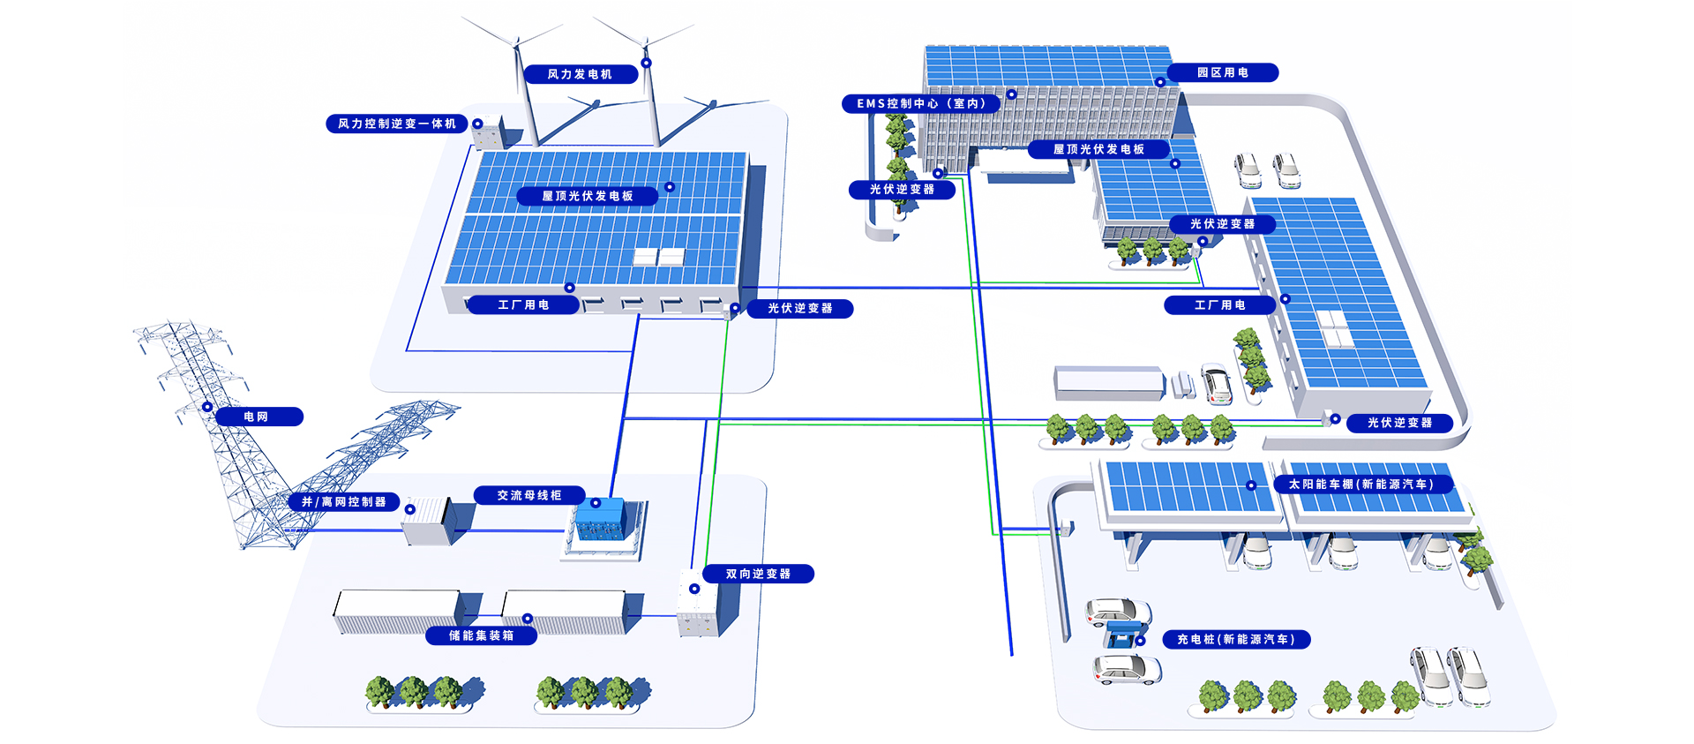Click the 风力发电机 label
pos(580,74)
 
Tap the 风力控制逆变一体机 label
pos(396,124)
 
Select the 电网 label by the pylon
pos(257,417)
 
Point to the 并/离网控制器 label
pos(344,501)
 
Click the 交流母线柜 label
pos(529,495)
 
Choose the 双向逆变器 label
pos(758,574)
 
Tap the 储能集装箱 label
pos(481,635)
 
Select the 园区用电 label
pos(1222,72)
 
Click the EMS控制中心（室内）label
pos(920,103)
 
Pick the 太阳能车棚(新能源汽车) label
pos(1360,484)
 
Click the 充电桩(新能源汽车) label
pos(1235,639)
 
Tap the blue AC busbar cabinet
pos(601,522)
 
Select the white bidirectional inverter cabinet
pos(698,605)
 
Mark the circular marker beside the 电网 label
pos(207,407)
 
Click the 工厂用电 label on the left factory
pos(523,304)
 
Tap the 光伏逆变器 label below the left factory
pos(799,308)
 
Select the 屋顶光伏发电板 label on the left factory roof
pos(587,196)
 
